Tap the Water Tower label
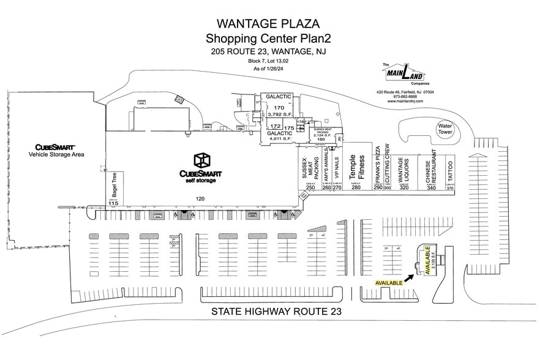[444, 129]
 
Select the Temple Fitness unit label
[353, 166]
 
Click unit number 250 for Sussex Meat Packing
[310, 188]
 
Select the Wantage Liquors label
[403, 169]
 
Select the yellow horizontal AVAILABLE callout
[388, 283]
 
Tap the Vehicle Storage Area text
[56, 154]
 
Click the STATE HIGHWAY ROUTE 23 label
[276, 312]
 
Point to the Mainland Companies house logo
[405, 73]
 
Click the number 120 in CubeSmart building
[199, 198]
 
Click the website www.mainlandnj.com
[405, 101]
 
